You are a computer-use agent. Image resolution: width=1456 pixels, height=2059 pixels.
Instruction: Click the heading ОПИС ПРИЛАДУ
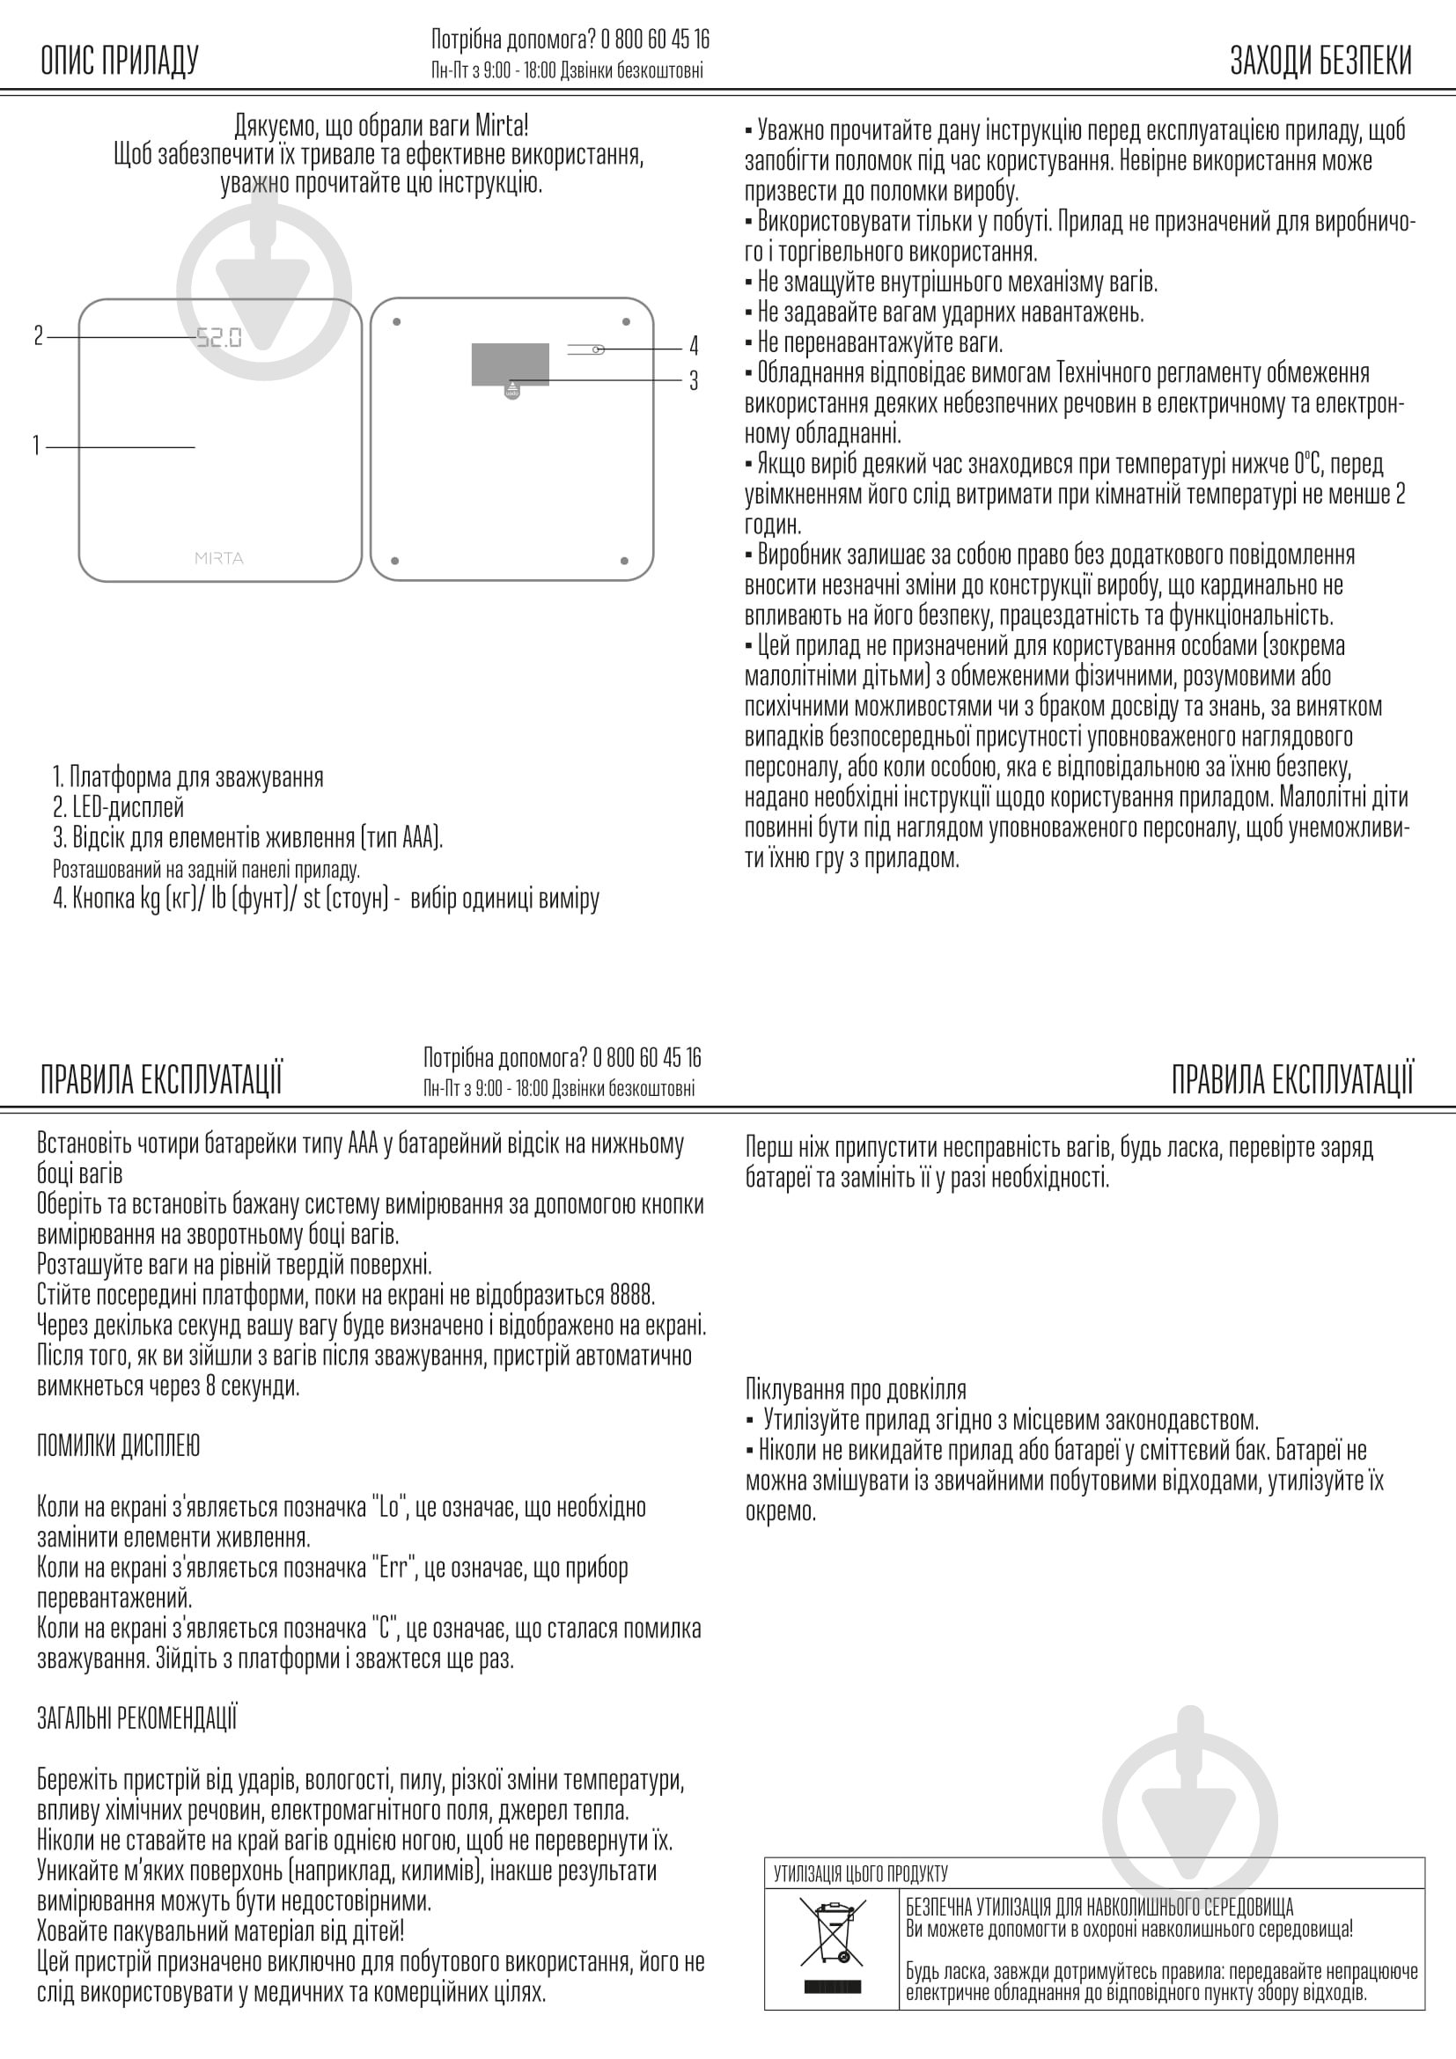(119, 61)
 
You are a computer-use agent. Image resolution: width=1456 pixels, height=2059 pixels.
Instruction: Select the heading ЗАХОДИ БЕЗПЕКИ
(1320, 61)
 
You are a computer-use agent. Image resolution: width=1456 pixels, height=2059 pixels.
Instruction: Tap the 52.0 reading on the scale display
(219, 338)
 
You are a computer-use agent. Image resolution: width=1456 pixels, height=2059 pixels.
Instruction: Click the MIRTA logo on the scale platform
(219, 558)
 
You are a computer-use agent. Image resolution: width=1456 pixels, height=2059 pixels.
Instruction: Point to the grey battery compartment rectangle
(511, 364)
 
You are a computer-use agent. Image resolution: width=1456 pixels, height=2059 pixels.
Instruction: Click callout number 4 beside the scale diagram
(693, 346)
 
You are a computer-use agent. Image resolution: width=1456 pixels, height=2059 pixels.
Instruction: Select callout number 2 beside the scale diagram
(39, 336)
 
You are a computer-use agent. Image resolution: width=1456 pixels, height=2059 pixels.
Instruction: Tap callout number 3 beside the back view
(693, 381)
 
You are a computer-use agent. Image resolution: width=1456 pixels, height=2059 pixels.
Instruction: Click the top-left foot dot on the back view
(396, 321)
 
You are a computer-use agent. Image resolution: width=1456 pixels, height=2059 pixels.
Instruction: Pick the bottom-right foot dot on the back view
(625, 561)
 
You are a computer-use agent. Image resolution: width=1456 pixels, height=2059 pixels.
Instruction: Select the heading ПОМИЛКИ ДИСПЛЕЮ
(118, 1445)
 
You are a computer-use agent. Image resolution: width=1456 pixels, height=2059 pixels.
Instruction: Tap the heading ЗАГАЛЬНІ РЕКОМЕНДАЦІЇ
(136, 1718)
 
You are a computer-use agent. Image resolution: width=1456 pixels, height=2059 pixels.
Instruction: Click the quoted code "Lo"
(389, 1506)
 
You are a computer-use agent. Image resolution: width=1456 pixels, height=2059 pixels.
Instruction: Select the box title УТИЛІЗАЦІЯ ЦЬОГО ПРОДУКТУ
(861, 1873)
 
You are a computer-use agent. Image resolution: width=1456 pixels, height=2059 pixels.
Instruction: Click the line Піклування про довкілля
(856, 1389)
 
